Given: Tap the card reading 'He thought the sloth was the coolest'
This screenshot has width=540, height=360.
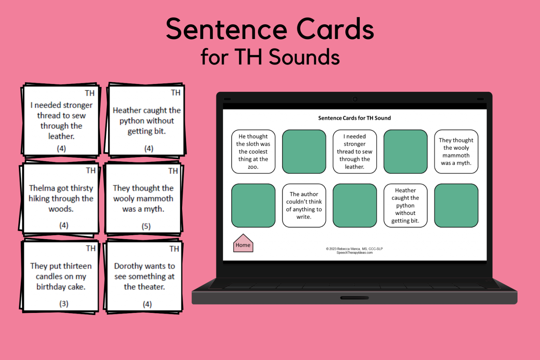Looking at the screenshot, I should (x=253, y=152).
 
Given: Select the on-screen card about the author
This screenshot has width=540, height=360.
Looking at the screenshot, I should (x=304, y=205).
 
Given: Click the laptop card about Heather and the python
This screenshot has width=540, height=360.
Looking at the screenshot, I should (x=405, y=205).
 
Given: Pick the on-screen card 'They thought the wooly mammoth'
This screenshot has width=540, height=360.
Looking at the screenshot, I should (x=456, y=152).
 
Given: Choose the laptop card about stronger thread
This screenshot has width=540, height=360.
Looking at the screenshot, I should (x=354, y=152).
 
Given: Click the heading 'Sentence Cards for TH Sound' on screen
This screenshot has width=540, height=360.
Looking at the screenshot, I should (x=354, y=118).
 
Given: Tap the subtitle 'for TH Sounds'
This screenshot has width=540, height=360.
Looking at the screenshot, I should (x=270, y=57).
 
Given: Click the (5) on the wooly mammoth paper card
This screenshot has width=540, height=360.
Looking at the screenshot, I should (x=146, y=226).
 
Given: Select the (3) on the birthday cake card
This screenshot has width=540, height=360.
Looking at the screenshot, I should (x=64, y=303).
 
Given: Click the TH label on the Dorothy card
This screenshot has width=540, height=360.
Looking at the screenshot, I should (x=174, y=249).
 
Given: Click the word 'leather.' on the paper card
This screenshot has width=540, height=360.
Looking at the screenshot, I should (x=61, y=136).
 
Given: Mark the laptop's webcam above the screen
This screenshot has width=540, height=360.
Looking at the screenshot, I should (x=355, y=99).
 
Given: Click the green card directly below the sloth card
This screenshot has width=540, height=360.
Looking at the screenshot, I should (x=253, y=205).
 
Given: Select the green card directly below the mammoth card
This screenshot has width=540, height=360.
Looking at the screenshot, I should (x=456, y=205).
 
